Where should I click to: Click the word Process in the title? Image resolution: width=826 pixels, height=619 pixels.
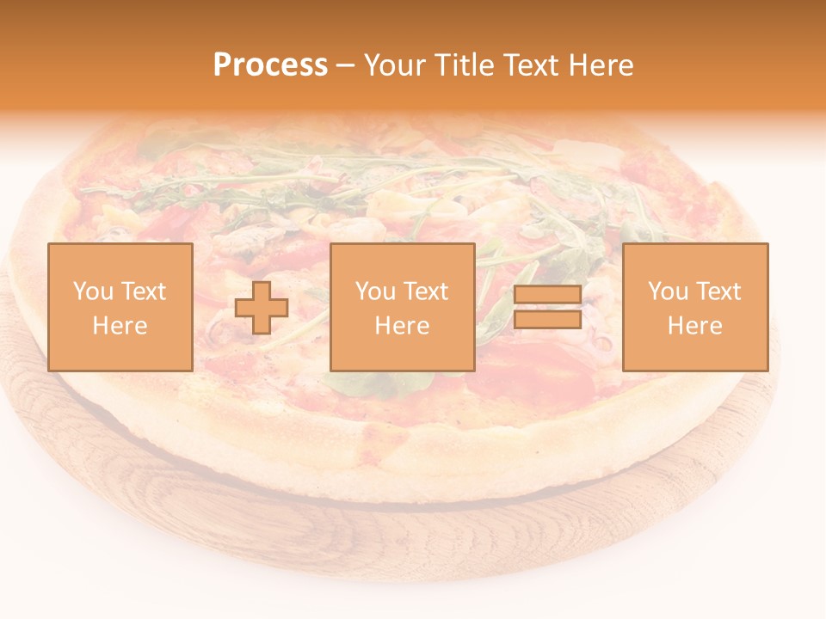point(270,65)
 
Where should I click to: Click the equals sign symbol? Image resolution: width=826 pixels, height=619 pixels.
point(547,308)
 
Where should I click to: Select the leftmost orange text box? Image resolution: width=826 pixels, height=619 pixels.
point(120,307)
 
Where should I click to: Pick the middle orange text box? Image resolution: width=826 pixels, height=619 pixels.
point(402,307)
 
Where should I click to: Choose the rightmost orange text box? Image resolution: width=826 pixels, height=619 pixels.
point(694,307)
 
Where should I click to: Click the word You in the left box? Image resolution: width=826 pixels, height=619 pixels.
point(93,291)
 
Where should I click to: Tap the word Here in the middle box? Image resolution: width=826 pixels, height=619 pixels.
point(402,326)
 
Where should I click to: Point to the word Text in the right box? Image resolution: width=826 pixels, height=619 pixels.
point(718,291)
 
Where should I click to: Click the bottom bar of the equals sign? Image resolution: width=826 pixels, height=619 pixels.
point(547,320)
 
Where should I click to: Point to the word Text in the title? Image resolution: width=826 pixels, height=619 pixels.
point(527,65)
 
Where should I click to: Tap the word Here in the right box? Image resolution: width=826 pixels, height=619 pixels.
point(694,326)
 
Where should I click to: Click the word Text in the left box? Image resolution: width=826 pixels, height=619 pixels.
point(143,291)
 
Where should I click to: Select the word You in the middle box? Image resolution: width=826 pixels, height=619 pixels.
point(375,291)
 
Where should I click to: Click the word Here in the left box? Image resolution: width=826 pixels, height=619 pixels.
point(120,326)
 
